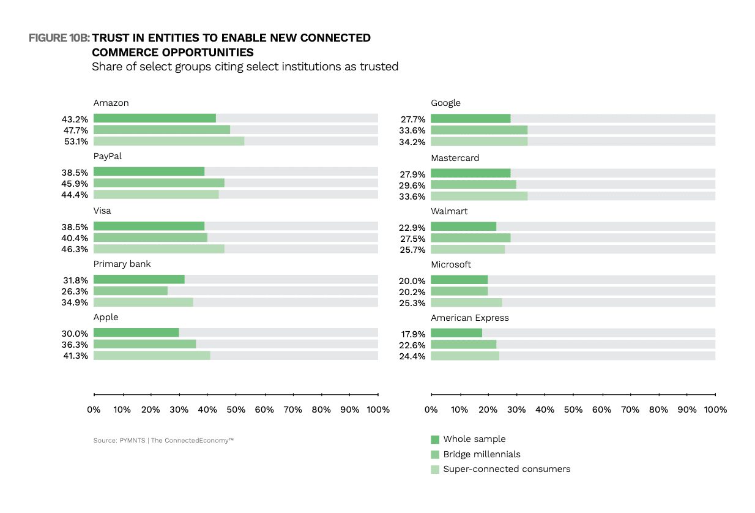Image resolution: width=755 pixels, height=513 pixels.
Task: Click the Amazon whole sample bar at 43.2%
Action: tap(155, 118)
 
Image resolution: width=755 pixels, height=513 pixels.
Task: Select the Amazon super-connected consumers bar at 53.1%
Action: tap(169, 141)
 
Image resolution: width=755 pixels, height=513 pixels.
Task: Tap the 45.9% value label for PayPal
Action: tap(75, 184)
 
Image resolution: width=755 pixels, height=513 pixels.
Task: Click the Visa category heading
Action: tap(102, 211)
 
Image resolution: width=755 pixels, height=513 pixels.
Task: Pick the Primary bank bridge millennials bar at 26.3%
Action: tap(130, 291)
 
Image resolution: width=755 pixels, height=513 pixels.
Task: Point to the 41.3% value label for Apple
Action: tap(75, 356)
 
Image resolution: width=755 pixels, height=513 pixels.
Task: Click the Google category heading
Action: tap(445, 103)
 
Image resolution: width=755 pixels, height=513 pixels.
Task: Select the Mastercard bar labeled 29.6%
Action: tap(474, 184)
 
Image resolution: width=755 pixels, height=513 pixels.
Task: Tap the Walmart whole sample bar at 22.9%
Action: tap(463, 227)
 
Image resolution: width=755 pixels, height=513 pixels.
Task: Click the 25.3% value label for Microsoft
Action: tap(412, 303)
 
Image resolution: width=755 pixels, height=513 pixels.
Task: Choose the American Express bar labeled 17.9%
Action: tap(456, 333)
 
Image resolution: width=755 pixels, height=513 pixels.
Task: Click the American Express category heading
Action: tap(470, 318)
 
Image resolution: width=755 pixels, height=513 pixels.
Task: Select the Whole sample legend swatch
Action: tap(435, 440)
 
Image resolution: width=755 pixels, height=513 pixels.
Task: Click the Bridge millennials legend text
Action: tap(482, 454)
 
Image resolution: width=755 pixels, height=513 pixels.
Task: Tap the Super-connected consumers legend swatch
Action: tap(435, 470)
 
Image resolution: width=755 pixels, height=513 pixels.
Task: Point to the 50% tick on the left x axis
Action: tap(236, 394)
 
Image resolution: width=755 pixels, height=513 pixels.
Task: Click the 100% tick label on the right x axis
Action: tap(716, 410)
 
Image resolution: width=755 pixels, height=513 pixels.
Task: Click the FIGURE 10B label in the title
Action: tap(59, 38)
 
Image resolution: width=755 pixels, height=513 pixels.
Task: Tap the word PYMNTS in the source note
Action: tap(133, 441)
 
